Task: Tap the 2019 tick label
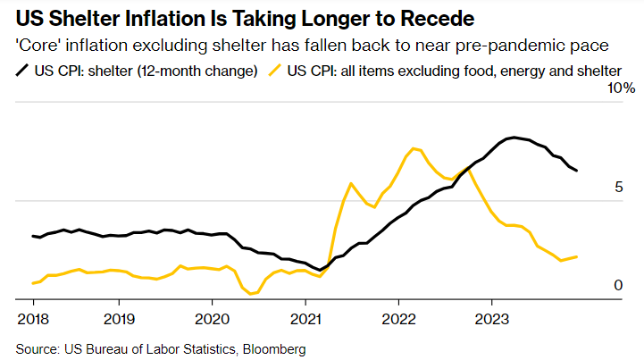tap(119, 318)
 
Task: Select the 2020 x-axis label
tap(213, 318)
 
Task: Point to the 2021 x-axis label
tap(305, 318)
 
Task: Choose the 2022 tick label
tap(399, 318)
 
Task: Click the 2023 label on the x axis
tap(492, 318)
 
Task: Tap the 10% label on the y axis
tap(621, 89)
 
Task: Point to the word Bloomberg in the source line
tap(272, 347)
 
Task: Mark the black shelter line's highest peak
tap(512, 137)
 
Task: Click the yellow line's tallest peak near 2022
tap(413, 147)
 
